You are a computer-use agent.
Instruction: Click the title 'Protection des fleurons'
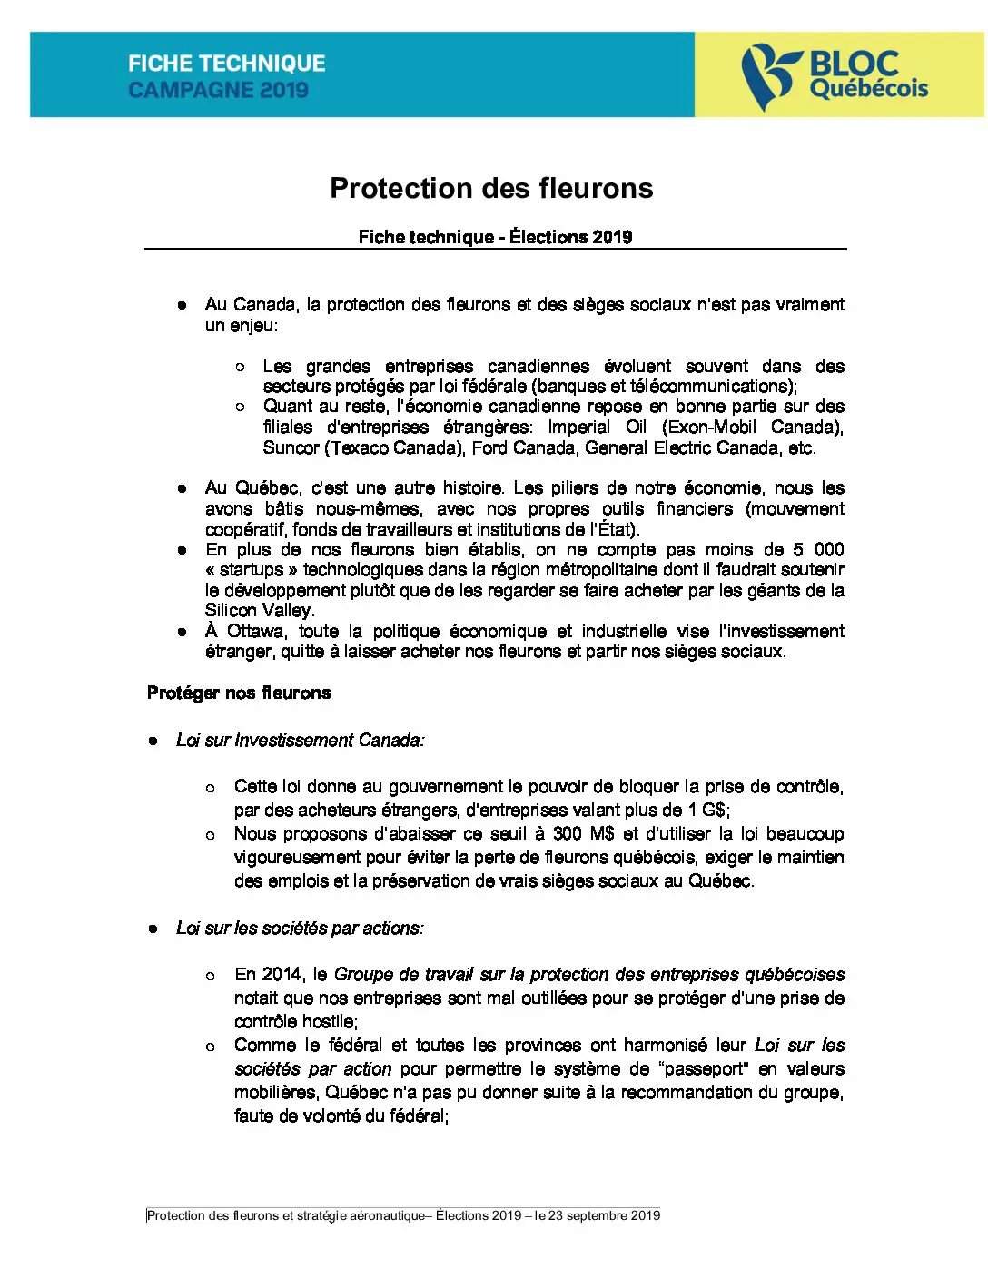(x=491, y=188)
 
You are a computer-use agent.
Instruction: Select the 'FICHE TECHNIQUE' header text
(x=226, y=64)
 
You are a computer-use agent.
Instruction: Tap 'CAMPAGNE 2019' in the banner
(x=218, y=90)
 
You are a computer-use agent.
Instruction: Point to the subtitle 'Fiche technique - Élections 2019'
(x=495, y=237)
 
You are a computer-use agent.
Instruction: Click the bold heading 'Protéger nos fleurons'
(x=239, y=693)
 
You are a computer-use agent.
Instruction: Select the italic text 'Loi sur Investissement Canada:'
(x=300, y=741)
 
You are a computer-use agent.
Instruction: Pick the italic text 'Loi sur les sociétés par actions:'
(x=300, y=928)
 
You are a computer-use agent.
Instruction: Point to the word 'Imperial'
(x=578, y=427)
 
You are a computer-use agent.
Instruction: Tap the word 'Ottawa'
(x=257, y=631)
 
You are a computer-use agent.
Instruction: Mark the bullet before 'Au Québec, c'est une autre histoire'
(x=182, y=488)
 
